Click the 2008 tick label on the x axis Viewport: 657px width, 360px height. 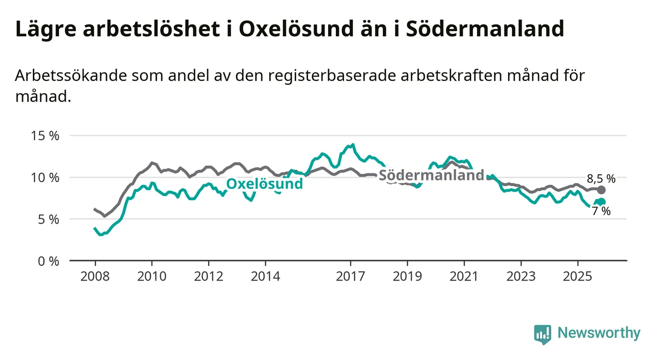(95, 276)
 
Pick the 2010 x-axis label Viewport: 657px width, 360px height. (152, 276)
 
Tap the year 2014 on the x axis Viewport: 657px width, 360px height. (265, 276)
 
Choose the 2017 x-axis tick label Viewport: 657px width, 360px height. (351, 276)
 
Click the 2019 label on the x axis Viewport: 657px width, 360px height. (407, 276)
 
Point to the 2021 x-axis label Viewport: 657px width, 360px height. (464, 276)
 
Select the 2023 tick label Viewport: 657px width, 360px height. (521, 276)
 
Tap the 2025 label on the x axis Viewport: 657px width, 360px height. (578, 276)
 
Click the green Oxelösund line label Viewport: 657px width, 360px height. (264, 184)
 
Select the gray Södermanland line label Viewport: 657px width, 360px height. (431, 175)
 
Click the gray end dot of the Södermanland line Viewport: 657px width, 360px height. (601, 190)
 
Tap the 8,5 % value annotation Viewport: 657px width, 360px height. (601, 179)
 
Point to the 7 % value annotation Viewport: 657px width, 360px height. (601, 211)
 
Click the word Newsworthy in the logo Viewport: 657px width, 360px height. (599, 333)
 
